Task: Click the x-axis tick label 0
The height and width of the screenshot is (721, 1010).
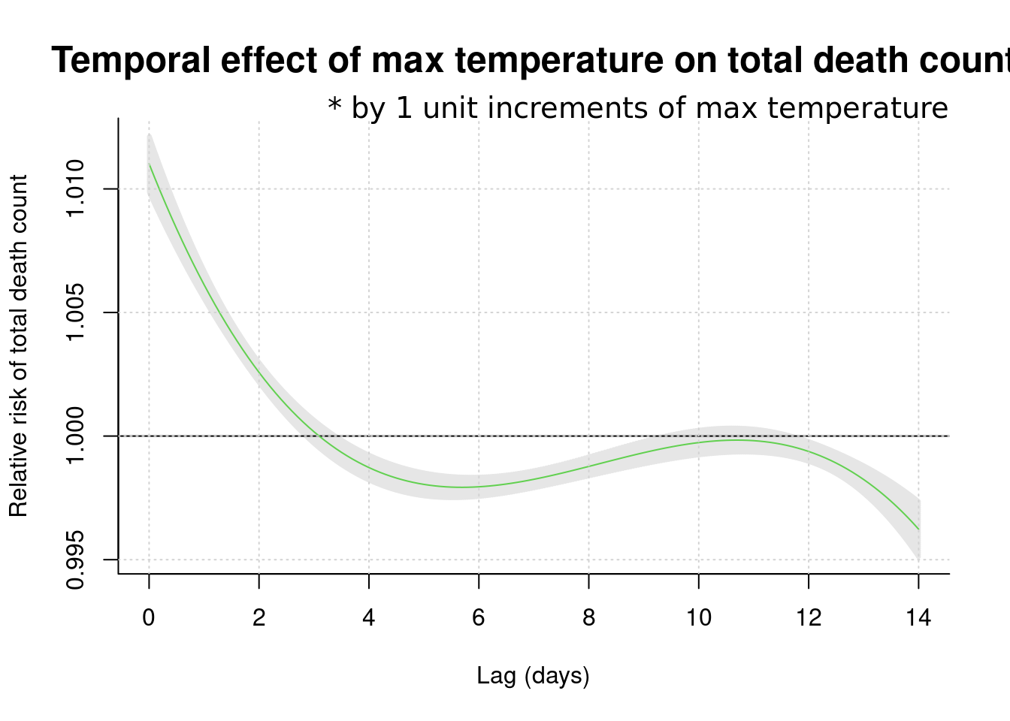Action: (x=149, y=618)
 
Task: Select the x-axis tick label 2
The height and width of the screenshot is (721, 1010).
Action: (x=259, y=618)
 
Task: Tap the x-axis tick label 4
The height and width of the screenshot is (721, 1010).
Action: (x=369, y=618)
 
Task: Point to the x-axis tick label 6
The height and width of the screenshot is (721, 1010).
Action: (x=479, y=618)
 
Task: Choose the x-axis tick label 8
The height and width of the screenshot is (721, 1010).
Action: (x=588, y=618)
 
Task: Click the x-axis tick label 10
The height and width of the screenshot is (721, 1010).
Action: (x=699, y=618)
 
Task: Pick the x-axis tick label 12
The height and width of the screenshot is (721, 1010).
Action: (x=809, y=618)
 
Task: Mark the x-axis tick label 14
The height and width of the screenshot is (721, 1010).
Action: (x=918, y=618)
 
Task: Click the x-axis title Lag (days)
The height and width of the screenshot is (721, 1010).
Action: (x=533, y=676)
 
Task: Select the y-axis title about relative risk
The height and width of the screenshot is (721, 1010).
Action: (x=18, y=346)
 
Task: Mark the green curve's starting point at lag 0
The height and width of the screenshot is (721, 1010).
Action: (x=150, y=164)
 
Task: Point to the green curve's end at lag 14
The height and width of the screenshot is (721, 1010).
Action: (x=918, y=530)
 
